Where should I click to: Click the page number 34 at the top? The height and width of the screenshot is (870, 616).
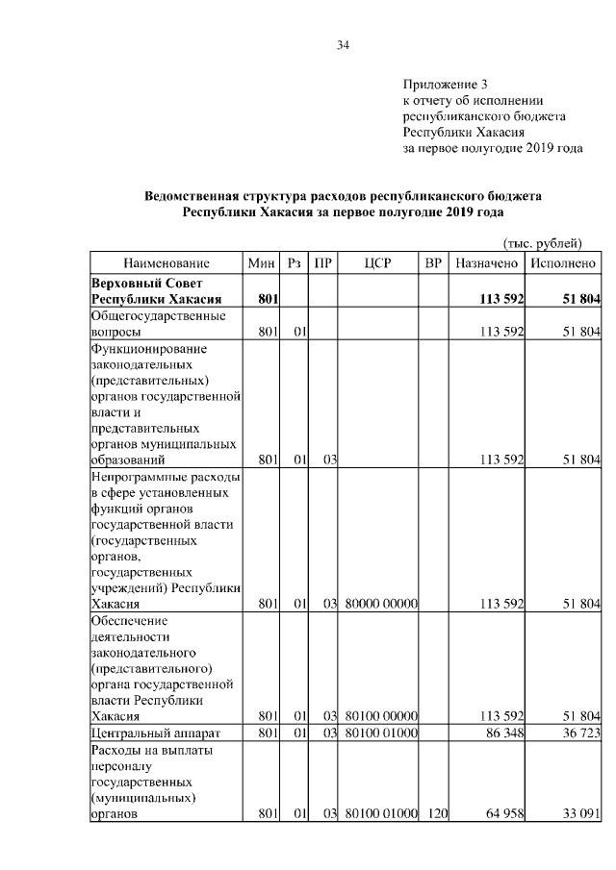343,45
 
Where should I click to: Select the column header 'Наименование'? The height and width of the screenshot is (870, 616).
167,263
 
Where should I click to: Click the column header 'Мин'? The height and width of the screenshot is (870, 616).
261,263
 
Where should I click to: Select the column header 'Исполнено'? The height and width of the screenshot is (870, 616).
563,263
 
